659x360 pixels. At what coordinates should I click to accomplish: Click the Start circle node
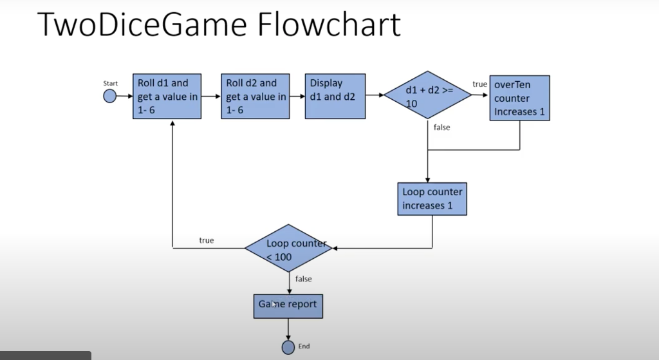point(110,97)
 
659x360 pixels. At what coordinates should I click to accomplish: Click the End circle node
point(288,347)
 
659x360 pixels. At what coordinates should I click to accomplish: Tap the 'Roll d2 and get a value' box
point(255,97)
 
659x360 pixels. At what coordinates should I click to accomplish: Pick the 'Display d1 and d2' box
point(335,97)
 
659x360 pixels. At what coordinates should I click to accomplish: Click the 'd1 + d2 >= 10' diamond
point(428,95)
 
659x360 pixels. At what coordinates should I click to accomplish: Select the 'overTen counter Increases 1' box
point(519,99)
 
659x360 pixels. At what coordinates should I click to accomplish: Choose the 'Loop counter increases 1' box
point(432,198)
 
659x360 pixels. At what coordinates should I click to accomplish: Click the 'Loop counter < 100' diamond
point(288,248)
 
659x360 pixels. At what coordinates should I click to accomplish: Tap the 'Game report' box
point(288,305)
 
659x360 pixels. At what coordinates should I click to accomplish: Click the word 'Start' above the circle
point(111,84)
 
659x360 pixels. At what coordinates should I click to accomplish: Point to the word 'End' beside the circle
point(304,346)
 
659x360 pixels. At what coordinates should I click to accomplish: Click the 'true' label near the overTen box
point(479,84)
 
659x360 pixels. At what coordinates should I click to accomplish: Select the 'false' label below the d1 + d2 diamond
point(441,128)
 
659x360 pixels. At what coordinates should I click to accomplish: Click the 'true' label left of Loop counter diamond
point(206,240)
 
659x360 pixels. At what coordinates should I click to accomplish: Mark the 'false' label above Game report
point(304,279)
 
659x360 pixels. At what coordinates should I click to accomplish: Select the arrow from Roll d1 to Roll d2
point(210,96)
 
